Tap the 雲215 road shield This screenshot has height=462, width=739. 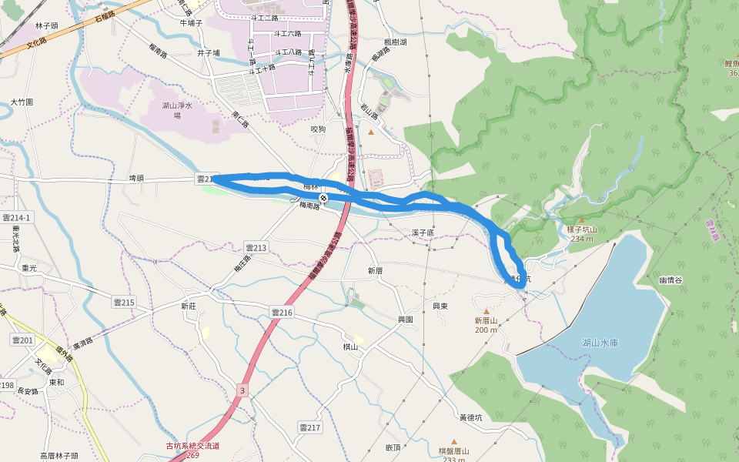click(123, 303)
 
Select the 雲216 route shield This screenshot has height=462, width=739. click(282, 312)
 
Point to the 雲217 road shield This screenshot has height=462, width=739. click(309, 427)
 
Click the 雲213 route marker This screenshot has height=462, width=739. click(256, 247)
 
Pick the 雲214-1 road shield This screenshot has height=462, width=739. click(16, 218)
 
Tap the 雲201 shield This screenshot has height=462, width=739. click(22, 340)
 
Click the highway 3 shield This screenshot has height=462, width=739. click(242, 390)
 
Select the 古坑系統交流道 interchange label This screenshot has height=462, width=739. click(192, 446)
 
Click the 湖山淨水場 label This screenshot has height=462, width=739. click(176, 110)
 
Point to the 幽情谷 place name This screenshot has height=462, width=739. click(670, 280)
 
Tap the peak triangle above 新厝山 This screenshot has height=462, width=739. click(486, 311)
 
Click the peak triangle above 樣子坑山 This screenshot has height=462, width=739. click(581, 221)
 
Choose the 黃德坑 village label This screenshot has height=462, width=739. click(470, 418)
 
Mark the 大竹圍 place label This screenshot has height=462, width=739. click(22, 102)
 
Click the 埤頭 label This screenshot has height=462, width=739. click(136, 178)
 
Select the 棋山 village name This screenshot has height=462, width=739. click(351, 346)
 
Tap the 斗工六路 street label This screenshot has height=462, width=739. click(288, 33)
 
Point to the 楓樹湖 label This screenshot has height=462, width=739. click(395, 42)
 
